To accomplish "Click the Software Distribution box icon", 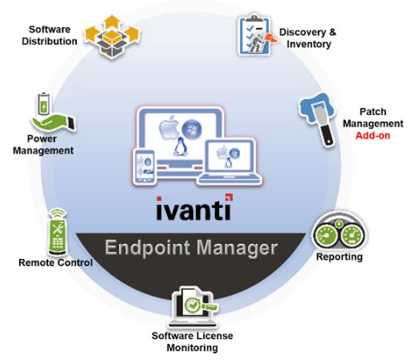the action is (112, 38).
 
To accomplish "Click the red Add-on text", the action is (373, 136).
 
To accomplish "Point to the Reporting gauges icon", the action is (339, 232).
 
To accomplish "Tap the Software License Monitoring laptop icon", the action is (193, 307).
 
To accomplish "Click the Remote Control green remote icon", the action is (58, 231).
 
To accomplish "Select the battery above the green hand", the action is (43, 104).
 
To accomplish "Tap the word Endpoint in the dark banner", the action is (147, 248).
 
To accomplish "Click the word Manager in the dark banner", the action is (237, 249).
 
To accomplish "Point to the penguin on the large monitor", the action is (179, 147).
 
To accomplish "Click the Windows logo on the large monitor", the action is (192, 130).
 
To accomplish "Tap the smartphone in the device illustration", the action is (144, 167).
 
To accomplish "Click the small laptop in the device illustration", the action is (229, 162).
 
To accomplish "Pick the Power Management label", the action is (43, 145).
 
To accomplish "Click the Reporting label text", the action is (339, 257).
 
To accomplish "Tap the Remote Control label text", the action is (55, 263).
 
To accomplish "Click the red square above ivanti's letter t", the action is (229, 197).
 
